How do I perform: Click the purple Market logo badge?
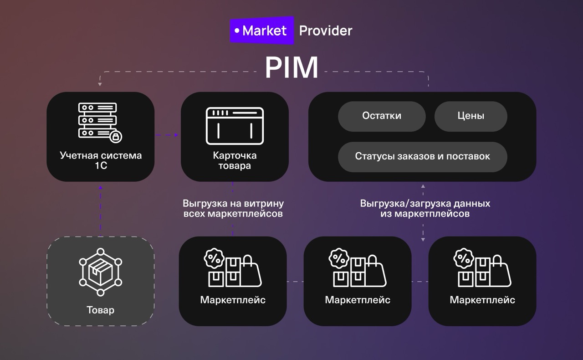(x=261, y=31)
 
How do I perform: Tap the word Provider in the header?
(x=325, y=31)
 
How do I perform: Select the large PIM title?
(x=291, y=68)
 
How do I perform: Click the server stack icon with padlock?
(x=100, y=121)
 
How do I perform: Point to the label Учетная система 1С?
(x=101, y=160)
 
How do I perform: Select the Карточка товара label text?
(x=235, y=160)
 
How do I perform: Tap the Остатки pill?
(x=382, y=116)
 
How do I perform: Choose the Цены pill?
(x=470, y=116)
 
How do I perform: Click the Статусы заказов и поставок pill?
(x=422, y=156)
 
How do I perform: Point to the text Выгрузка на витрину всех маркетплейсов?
(x=233, y=208)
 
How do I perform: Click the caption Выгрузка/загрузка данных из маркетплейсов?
(x=425, y=208)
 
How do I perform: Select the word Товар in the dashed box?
(x=100, y=310)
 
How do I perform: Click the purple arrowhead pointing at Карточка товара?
(x=177, y=135)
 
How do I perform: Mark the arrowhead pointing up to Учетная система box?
(x=100, y=185)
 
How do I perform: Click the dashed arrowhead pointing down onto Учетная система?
(x=100, y=85)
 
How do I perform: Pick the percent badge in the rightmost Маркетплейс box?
(x=464, y=258)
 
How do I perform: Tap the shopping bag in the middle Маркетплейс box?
(x=376, y=272)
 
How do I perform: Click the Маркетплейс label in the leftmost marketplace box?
(x=232, y=300)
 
